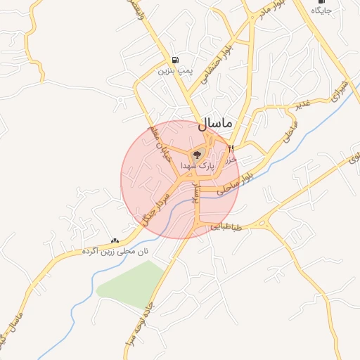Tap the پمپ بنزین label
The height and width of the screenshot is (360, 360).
click(174, 71)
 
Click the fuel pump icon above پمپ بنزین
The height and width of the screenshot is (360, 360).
click(174, 59)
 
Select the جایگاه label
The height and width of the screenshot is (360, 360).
click(319, 11)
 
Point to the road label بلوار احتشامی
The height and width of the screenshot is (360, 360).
click(215, 67)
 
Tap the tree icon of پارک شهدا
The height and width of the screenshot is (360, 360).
click(198, 153)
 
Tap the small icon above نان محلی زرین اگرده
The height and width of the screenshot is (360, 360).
click(115, 240)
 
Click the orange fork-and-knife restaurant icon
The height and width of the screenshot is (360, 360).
click(231, 148)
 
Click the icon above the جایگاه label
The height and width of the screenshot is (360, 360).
click(321, 2)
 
